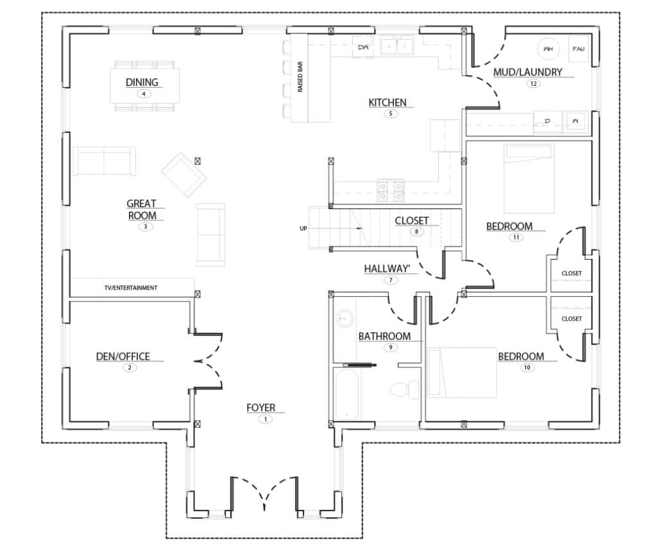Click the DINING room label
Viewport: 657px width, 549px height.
[x=142, y=82]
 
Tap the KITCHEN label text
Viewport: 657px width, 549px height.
[x=387, y=103]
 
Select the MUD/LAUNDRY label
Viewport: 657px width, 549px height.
[x=527, y=72]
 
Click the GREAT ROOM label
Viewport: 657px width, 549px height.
[x=142, y=210]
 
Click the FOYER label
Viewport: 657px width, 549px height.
[x=261, y=408]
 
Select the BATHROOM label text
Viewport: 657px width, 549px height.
[x=384, y=336]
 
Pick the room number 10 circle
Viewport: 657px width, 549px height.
[x=527, y=367]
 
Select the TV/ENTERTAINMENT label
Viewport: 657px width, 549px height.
[x=131, y=288]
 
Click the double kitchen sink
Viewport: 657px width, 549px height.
[x=396, y=46]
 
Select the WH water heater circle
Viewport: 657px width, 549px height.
[x=549, y=48]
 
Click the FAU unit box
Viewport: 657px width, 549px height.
[x=579, y=48]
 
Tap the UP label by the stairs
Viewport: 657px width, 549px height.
[x=303, y=228]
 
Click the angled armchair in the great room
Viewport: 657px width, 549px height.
[x=184, y=174]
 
